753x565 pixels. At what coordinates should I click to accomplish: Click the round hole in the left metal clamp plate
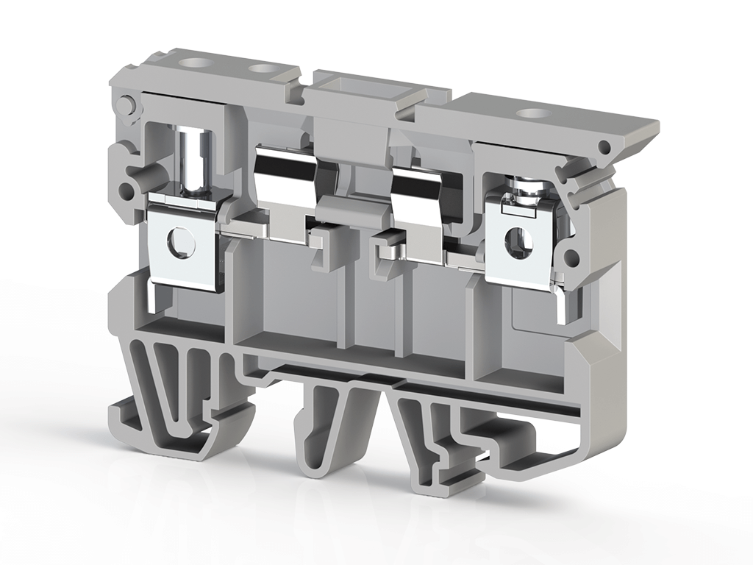pyautogui.click(x=179, y=242)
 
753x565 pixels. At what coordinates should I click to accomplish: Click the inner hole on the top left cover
pyautogui.click(x=261, y=69)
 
